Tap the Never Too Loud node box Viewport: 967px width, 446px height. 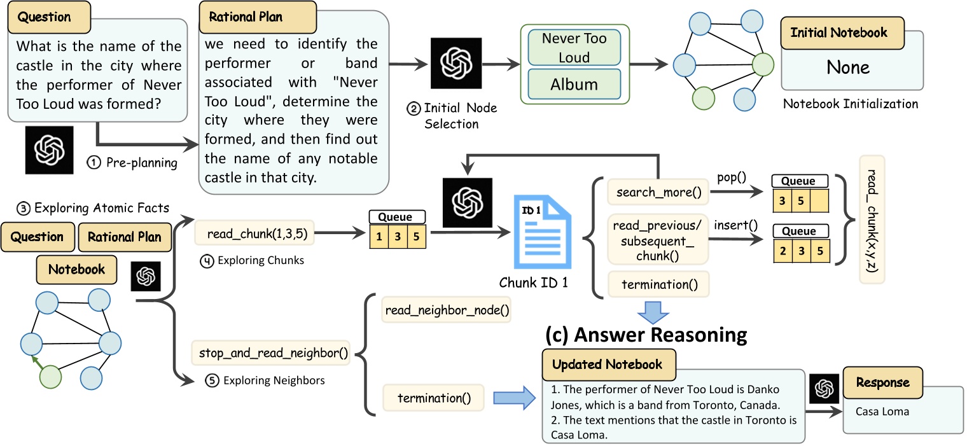pyautogui.click(x=574, y=48)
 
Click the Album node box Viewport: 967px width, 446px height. pyautogui.click(x=574, y=85)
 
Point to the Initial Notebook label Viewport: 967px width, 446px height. pyautogui.click(x=838, y=33)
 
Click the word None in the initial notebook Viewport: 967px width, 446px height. pyautogui.click(x=849, y=67)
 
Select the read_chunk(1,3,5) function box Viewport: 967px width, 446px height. pyautogui.click(x=253, y=234)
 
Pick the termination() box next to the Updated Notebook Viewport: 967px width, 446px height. pyautogui.click(x=434, y=399)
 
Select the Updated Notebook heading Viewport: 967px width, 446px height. pyautogui.click(x=607, y=365)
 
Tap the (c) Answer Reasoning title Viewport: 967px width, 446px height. pyautogui.click(x=645, y=334)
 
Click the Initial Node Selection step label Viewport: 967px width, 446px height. pyautogui.click(x=451, y=116)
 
